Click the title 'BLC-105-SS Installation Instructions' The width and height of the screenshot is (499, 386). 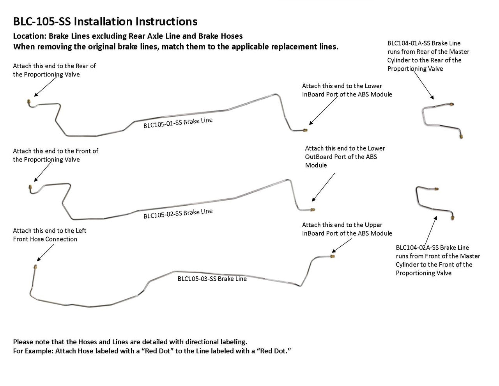coord(105,21)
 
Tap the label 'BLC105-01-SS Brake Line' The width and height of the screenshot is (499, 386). coord(178,123)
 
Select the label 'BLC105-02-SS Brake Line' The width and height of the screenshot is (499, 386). coord(178,213)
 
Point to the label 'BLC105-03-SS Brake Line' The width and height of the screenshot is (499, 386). coord(212,279)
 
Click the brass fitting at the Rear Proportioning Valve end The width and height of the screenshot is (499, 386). coord(29,101)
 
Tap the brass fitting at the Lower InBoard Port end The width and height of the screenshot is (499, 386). coord(305,130)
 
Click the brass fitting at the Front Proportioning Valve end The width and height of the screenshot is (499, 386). coord(30,187)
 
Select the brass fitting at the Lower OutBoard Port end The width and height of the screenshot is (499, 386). coord(313,210)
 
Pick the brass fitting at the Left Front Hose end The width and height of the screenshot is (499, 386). coord(35,267)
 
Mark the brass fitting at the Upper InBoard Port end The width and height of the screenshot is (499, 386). coord(333,256)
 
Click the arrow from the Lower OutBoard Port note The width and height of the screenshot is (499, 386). coord(323,187)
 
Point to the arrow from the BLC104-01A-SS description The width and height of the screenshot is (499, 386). coord(424,85)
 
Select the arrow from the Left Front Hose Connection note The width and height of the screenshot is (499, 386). coord(45,253)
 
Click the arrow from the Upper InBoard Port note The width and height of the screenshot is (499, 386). coord(342,245)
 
